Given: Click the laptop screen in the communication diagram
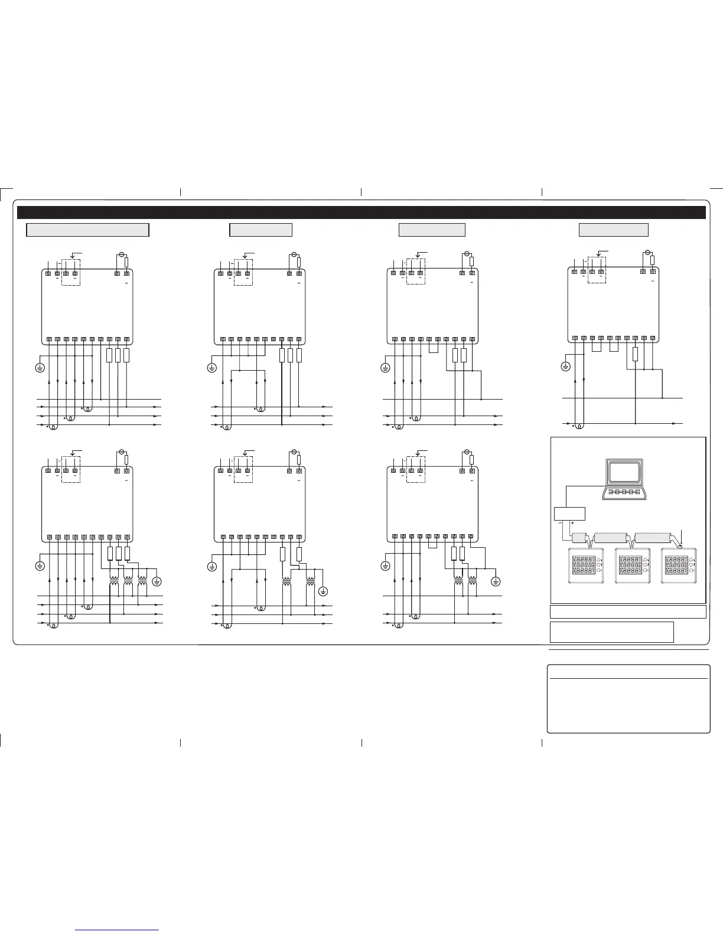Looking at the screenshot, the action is tap(625, 472).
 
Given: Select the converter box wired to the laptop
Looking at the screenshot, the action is tap(569, 514).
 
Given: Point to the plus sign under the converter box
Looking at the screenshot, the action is tap(572, 523).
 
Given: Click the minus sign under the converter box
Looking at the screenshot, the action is tap(559, 523).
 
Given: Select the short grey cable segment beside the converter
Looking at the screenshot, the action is tap(579, 538).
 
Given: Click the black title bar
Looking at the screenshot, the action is tap(361, 212).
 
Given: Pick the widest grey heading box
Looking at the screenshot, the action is tap(87, 230).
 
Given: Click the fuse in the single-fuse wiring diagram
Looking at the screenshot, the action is tap(635, 354).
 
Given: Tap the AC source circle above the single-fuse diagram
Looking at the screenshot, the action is tap(647, 253).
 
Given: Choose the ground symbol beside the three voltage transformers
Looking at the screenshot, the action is tap(157, 581).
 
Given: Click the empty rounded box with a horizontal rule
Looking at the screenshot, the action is tap(628, 699).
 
